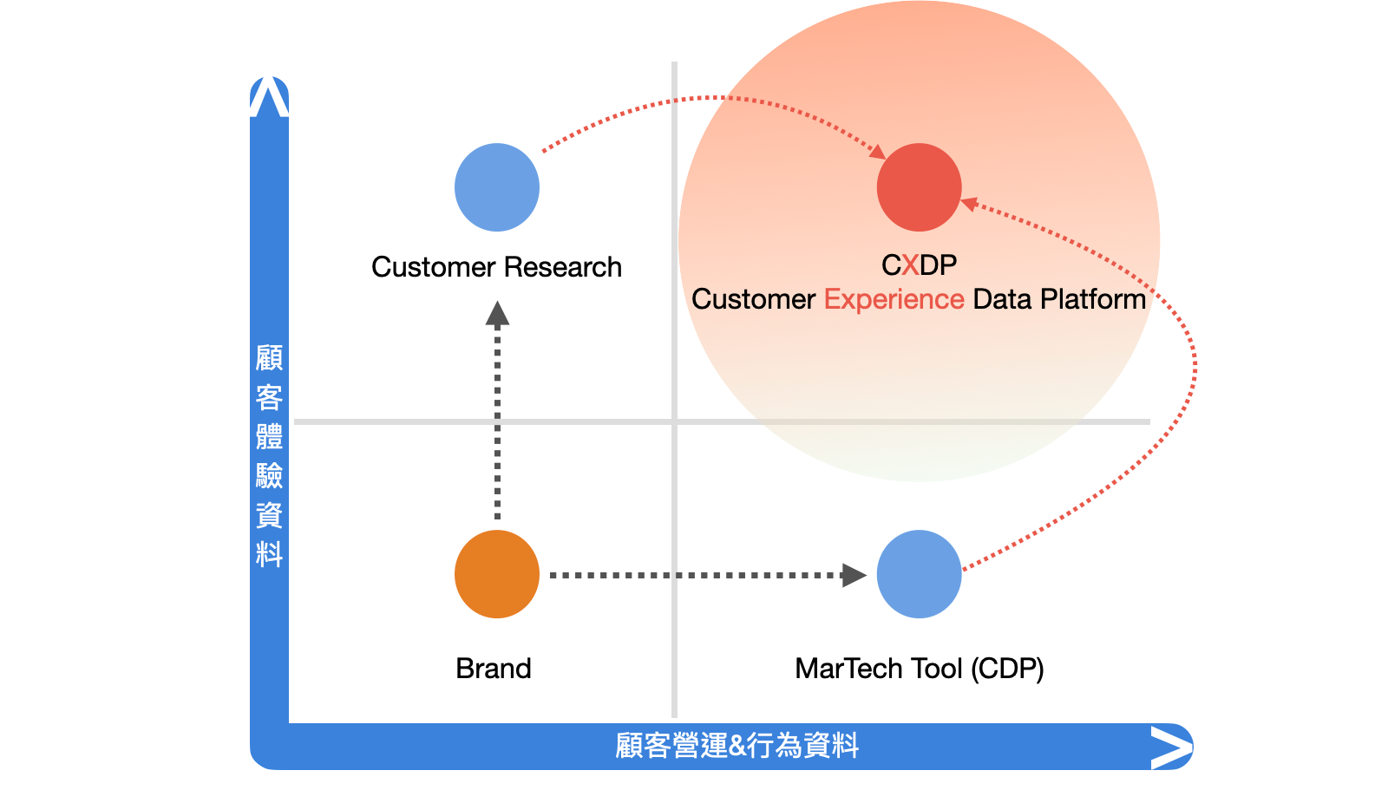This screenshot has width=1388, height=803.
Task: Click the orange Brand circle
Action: [x=497, y=574]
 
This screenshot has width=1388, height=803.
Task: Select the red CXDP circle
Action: [x=919, y=187]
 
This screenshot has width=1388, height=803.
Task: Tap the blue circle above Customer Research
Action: [x=497, y=187]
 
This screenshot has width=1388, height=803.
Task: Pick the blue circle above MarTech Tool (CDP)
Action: [x=919, y=574]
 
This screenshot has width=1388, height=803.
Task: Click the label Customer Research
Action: [x=496, y=267]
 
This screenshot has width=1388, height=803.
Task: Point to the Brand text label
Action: [x=494, y=669]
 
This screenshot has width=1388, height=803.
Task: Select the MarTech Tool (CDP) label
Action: [x=920, y=669]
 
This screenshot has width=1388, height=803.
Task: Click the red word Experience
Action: [x=894, y=299]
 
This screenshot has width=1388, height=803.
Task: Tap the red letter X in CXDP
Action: [x=910, y=264]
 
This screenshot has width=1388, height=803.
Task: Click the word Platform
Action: [x=1093, y=299]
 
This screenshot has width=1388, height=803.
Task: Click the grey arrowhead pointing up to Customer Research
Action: [x=497, y=313]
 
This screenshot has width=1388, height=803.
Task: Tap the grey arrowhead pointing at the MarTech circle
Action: [x=854, y=575]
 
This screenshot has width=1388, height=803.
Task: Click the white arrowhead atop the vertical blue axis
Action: [x=269, y=97]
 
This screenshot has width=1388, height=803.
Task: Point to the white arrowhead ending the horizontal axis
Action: [x=1170, y=748]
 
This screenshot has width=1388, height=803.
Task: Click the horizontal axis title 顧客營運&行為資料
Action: [x=737, y=746]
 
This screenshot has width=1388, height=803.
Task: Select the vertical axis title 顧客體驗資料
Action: [x=269, y=455]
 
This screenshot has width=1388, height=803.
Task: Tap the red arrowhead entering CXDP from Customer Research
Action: [x=877, y=152]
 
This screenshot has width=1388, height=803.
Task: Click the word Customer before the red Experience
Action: [x=753, y=299]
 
